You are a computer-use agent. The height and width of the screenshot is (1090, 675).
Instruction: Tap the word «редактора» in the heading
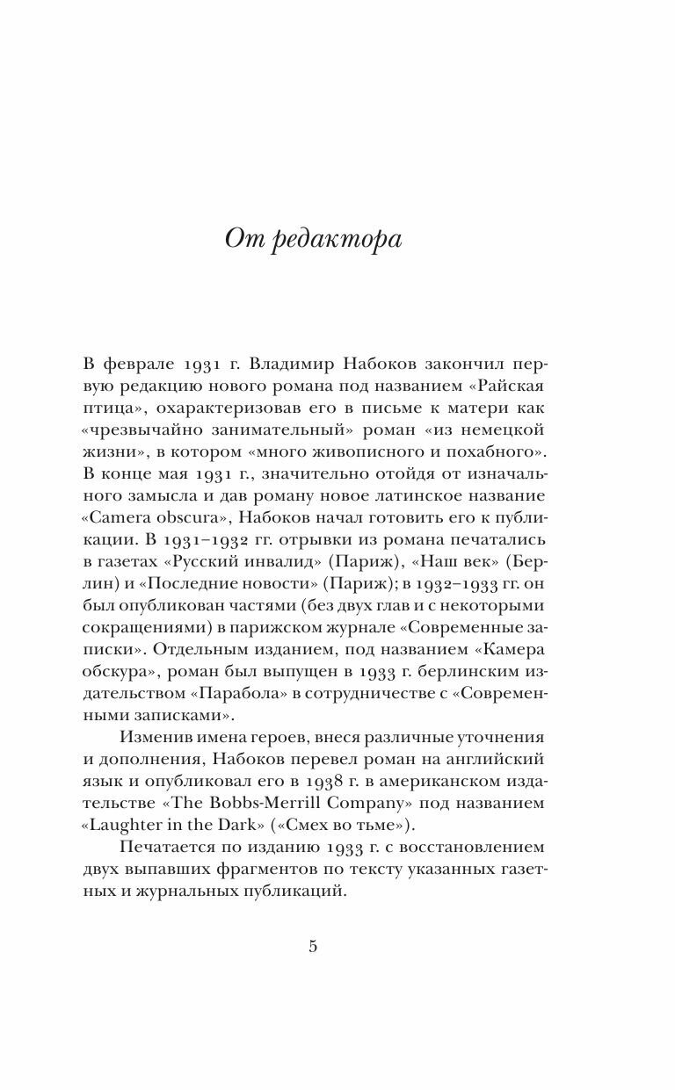point(339,240)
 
